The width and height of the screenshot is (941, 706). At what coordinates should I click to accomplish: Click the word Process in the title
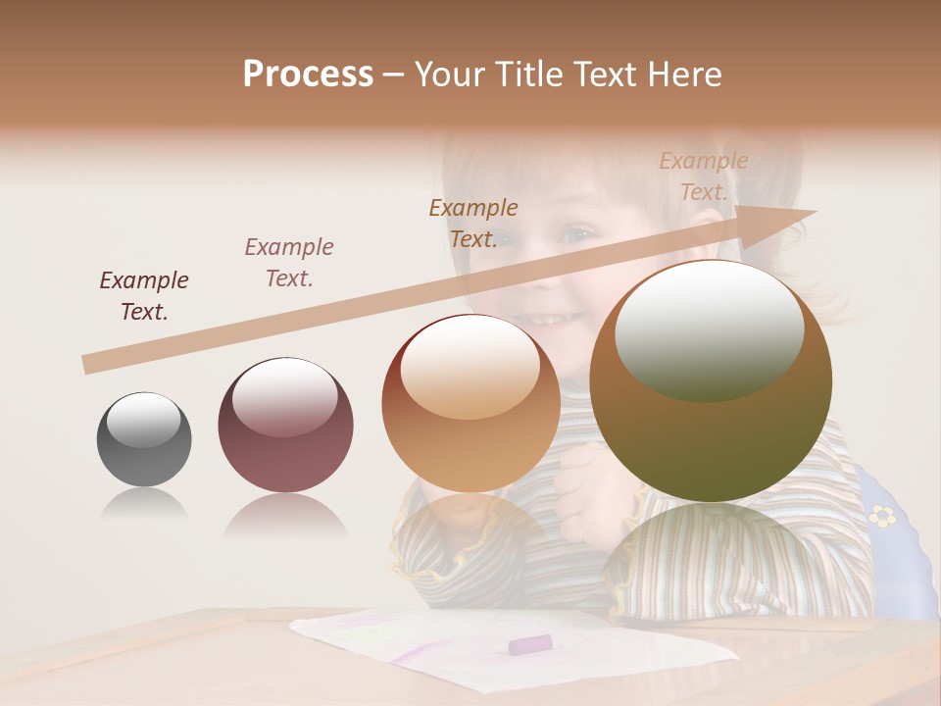[308, 75]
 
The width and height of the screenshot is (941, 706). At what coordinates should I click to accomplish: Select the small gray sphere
[144, 439]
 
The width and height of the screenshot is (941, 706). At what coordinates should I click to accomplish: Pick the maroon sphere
[285, 426]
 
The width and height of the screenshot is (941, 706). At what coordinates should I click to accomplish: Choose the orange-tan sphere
[470, 403]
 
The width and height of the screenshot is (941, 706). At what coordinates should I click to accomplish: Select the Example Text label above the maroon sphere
[289, 263]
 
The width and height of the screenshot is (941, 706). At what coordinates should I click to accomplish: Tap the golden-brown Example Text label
[473, 224]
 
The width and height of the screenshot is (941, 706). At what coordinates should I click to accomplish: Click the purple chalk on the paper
[530, 644]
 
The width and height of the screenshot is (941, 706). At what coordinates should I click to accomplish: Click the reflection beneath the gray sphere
[144, 504]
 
